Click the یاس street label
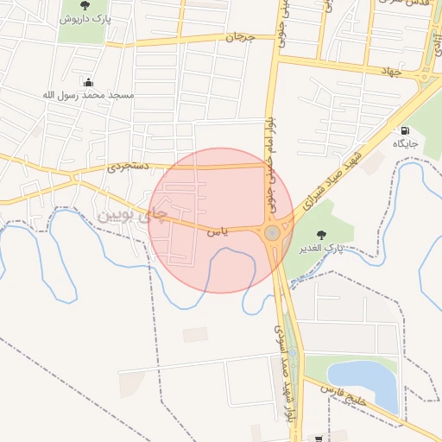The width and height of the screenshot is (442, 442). (x=218, y=231)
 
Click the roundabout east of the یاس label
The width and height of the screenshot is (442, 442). (x=273, y=232)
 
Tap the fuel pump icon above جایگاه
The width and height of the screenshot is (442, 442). (x=404, y=131)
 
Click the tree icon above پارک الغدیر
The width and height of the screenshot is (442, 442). (x=322, y=235)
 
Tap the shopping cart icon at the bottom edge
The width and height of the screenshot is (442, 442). (x=319, y=438)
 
